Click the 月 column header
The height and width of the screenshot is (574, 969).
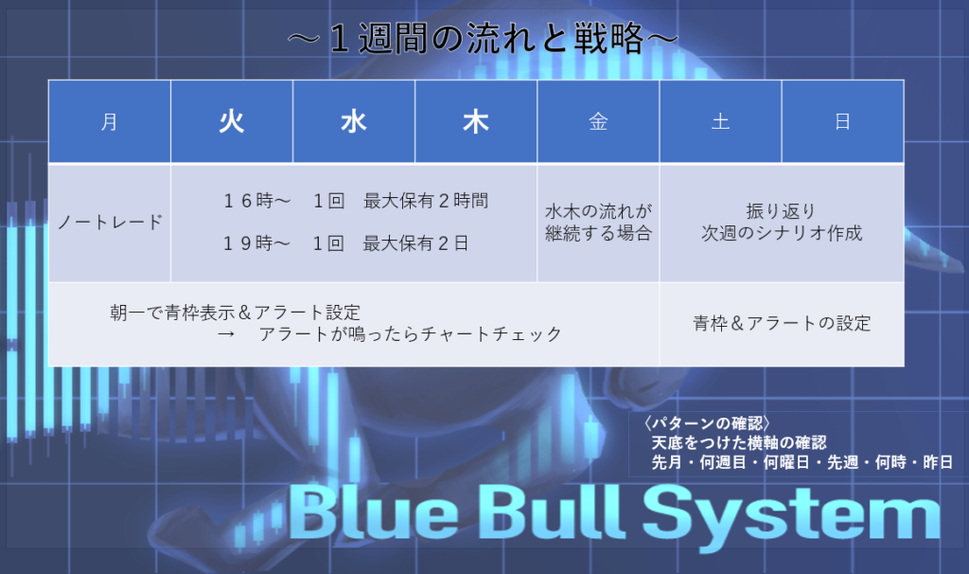click(x=110, y=121)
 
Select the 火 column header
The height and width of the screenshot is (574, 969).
click(x=232, y=121)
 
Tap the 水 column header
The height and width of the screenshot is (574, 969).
click(x=354, y=121)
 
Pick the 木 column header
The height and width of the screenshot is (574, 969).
click(x=476, y=121)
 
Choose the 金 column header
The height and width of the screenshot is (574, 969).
click(x=598, y=121)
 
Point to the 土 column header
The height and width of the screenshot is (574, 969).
click(x=720, y=121)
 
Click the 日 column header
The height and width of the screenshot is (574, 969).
click(x=843, y=121)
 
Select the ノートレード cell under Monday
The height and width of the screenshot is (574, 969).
click(x=110, y=223)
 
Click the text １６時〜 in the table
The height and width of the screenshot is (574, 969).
click(x=256, y=201)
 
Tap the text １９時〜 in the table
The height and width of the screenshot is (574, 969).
click(x=256, y=243)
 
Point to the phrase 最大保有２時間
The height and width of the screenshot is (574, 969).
click(x=426, y=201)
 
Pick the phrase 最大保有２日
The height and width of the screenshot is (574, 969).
click(x=415, y=243)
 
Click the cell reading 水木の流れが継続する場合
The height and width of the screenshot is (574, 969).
click(x=598, y=223)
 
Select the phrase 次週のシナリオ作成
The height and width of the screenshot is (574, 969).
click(x=782, y=233)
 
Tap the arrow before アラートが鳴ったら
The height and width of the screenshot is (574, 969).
click(x=226, y=334)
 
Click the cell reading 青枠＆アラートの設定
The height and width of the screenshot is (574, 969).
click(x=782, y=324)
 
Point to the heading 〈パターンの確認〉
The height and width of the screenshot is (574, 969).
click(x=706, y=423)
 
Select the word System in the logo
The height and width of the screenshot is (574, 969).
click(x=792, y=517)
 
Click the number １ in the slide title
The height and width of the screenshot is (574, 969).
click(x=340, y=38)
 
